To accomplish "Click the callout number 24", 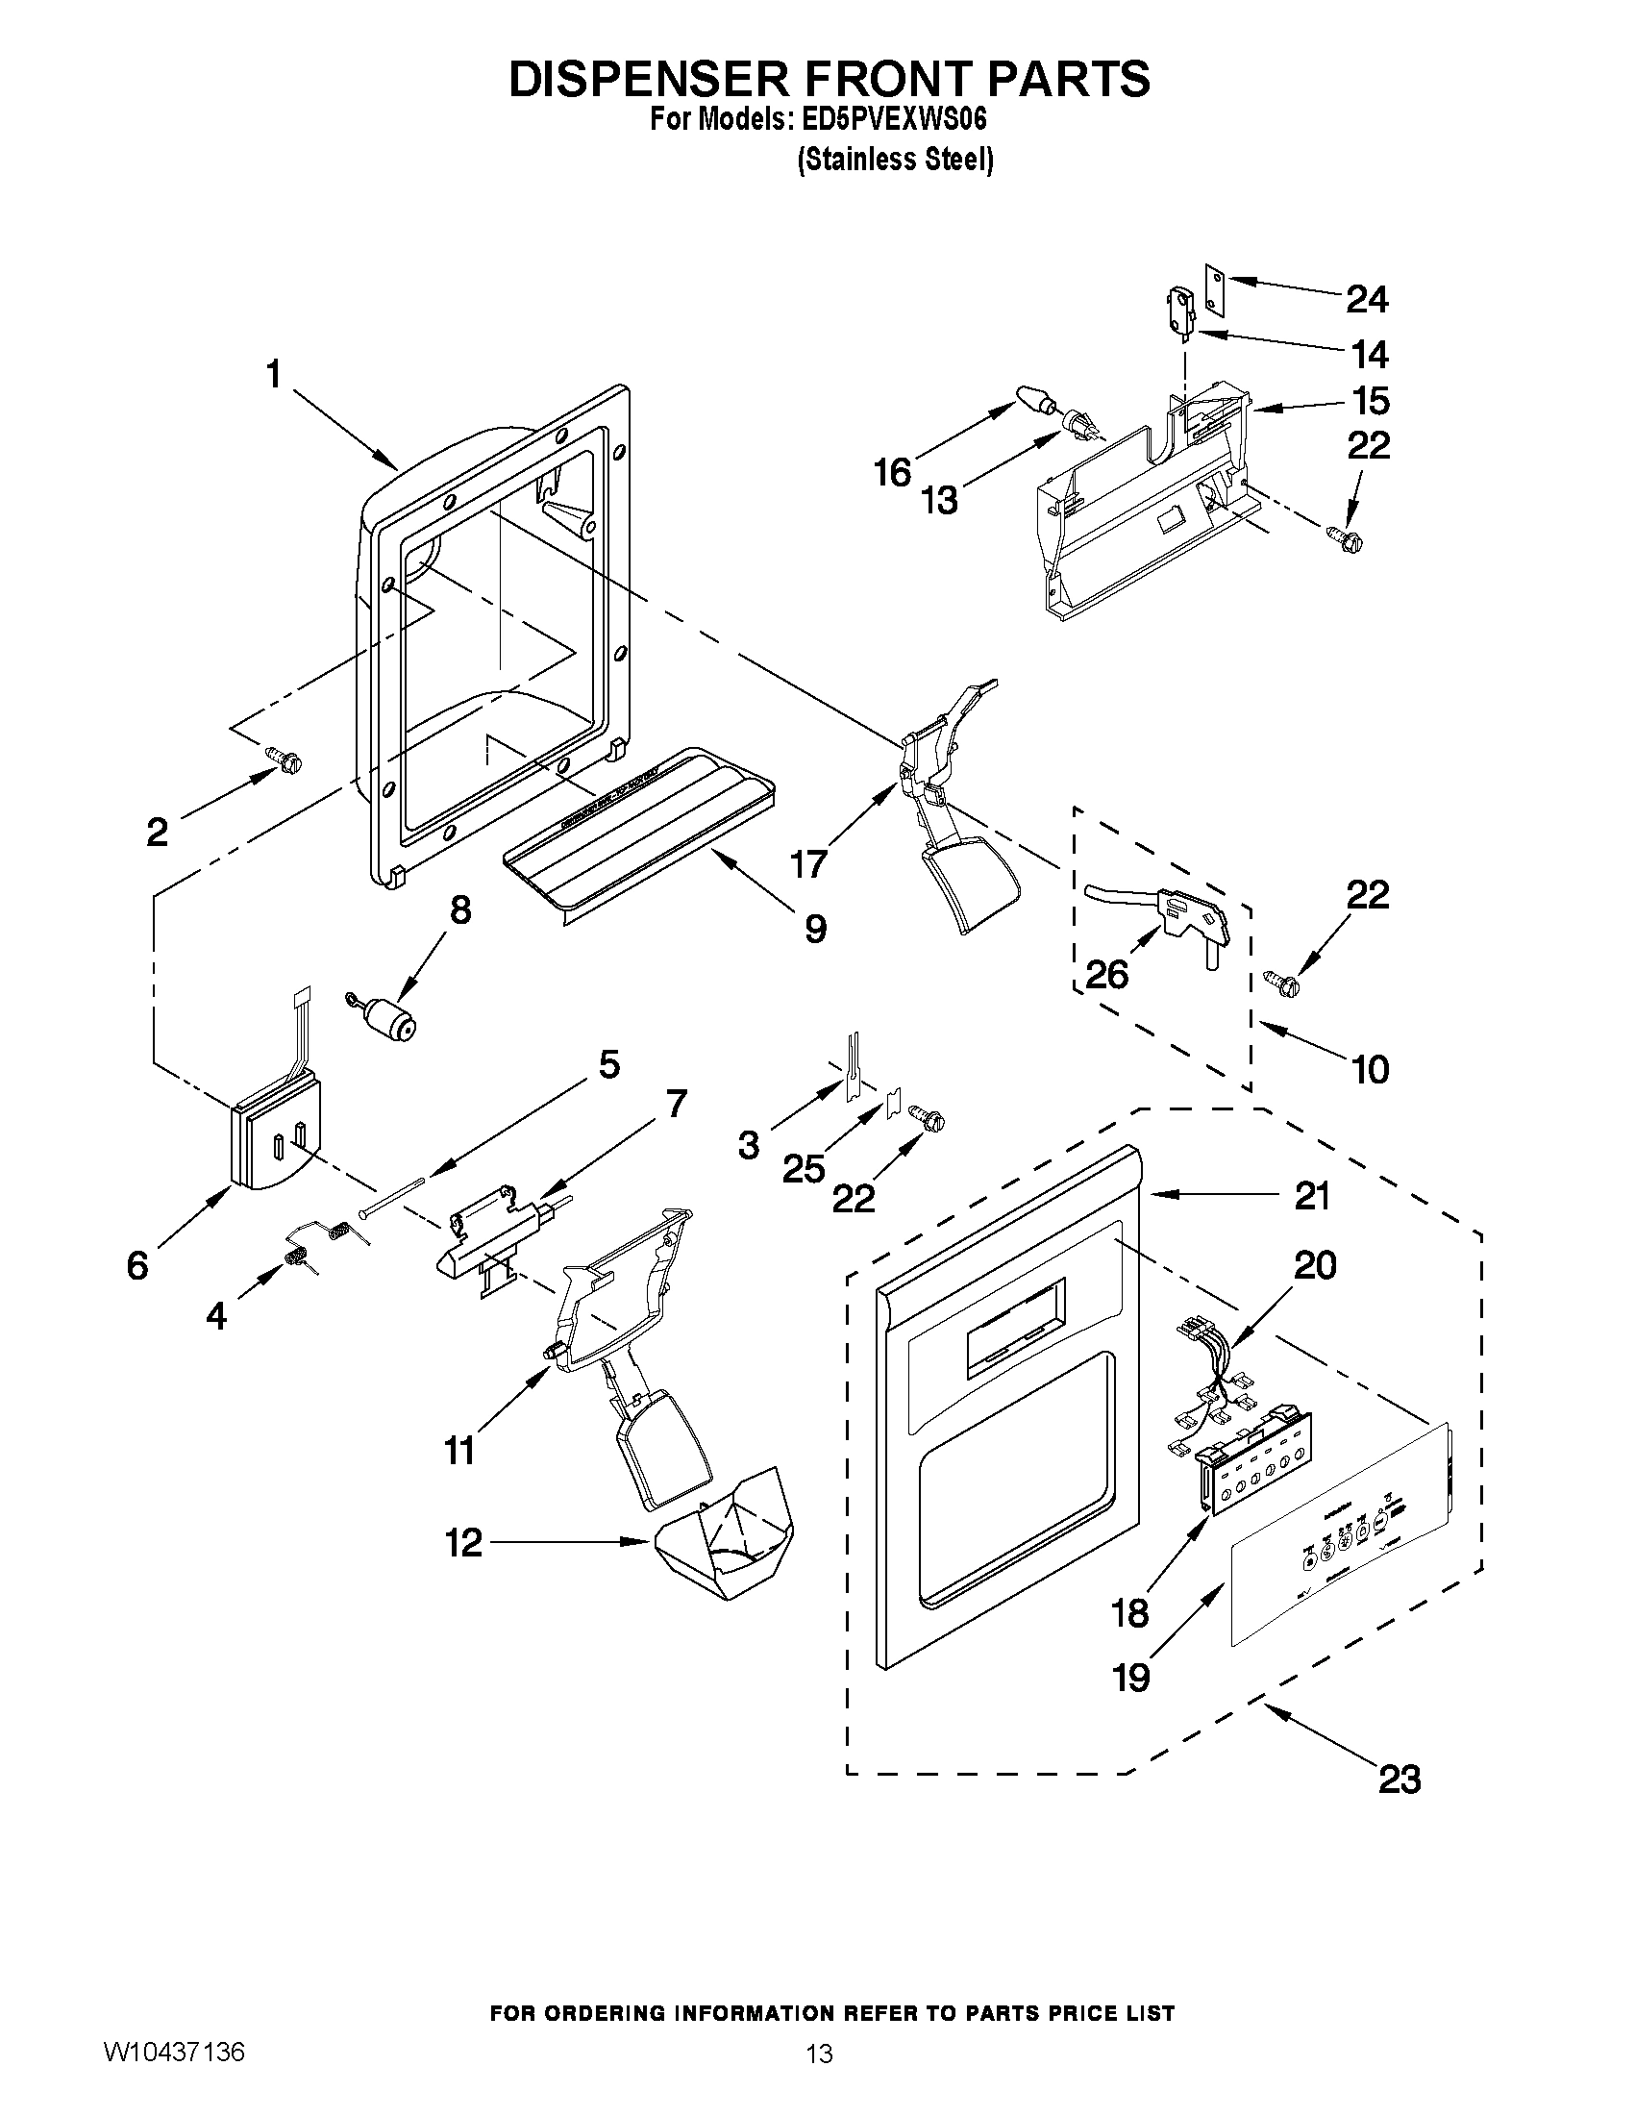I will [x=1367, y=299].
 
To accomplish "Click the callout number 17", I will [x=809, y=862].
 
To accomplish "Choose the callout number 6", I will [x=138, y=1265].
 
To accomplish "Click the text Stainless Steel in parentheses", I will [x=896, y=160].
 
